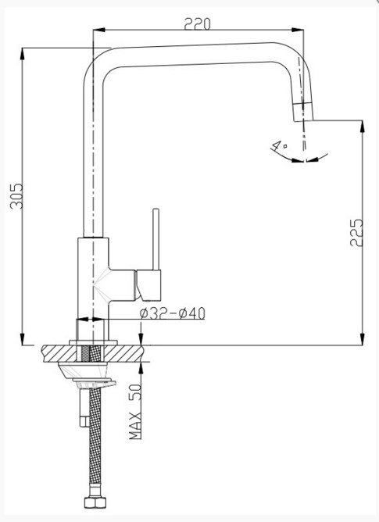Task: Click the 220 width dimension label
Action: tap(197, 24)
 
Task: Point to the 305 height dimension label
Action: tap(16, 196)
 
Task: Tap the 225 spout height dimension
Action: tap(356, 232)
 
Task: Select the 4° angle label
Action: tap(279, 146)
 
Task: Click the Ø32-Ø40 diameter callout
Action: tap(173, 313)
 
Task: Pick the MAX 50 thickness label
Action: tap(135, 412)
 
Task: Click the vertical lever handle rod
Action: tap(156, 239)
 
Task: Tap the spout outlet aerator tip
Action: tap(303, 113)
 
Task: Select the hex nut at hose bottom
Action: tap(95, 502)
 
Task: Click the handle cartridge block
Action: tap(148, 285)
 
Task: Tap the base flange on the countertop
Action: tap(93, 342)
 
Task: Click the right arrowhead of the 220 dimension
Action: tap(298, 30)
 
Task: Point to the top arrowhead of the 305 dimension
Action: tap(23, 54)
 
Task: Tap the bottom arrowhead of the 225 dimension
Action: tap(363, 339)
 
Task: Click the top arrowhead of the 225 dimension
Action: tap(363, 127)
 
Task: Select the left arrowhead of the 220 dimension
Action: tap(99, 30)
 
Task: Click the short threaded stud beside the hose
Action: tap(84, 408)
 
